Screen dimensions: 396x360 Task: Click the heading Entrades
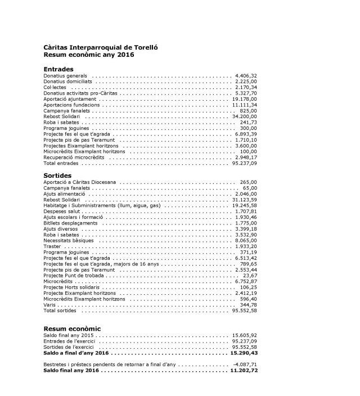tap(58, 69)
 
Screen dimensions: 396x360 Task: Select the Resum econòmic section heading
tap(72, 328)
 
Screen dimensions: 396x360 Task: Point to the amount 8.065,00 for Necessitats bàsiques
tap(246, 241)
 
